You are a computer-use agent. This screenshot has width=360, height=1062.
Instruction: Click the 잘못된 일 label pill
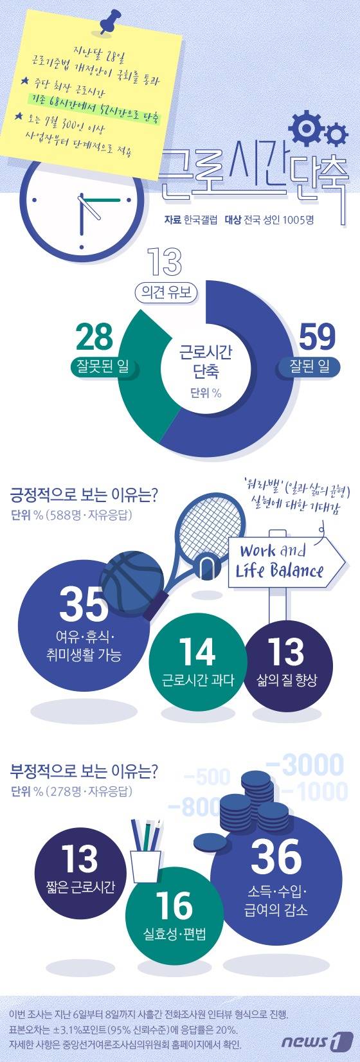point(100,367)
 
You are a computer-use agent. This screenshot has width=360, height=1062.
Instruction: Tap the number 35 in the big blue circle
point(84,603)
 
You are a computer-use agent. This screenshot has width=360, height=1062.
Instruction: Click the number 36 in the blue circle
point(276,856)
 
